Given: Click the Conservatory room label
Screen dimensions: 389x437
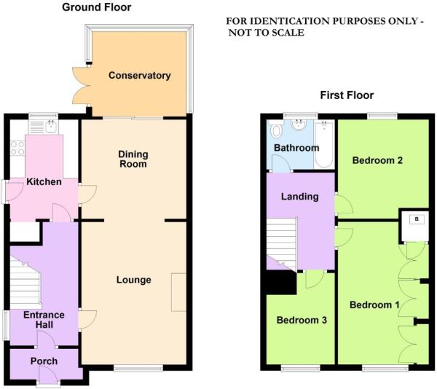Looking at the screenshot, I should coord(139,76).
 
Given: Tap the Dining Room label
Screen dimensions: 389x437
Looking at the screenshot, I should coord(133,159).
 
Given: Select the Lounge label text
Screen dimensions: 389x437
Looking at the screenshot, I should coord(133,280).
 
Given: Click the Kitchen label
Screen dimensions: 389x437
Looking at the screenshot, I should coord(44,181).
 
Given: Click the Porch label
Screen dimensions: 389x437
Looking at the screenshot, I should coord(44,361).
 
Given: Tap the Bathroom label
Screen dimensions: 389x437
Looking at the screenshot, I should coord(296,148).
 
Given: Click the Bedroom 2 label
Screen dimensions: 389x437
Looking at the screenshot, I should coord(377,160).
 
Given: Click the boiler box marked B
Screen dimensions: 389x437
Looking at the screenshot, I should coord(416,219).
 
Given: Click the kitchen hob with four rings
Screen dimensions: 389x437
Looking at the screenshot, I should coord(17,149).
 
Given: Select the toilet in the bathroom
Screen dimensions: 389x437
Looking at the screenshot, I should coord(276,133).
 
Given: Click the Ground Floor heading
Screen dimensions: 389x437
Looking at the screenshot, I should coord(97,8).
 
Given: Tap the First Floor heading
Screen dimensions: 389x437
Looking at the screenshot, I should coord(347,95).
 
